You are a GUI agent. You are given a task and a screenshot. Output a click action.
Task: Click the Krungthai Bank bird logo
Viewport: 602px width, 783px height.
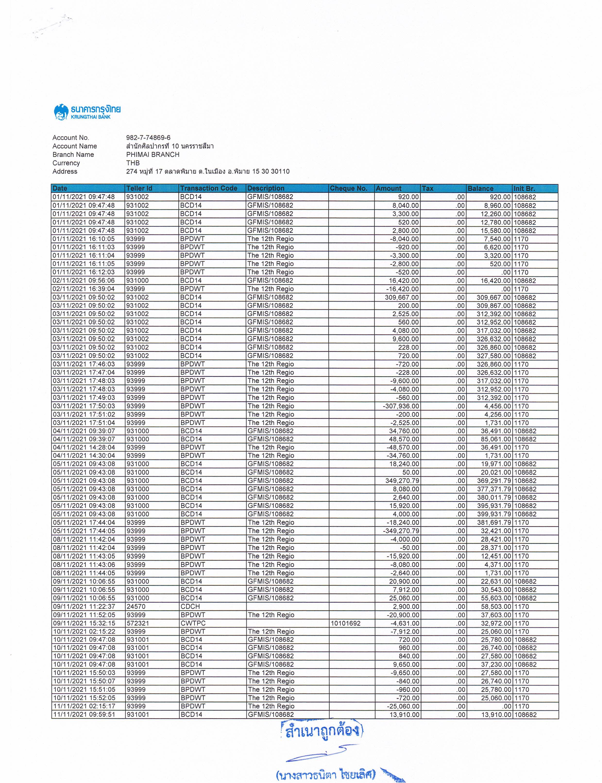tap(61, 112)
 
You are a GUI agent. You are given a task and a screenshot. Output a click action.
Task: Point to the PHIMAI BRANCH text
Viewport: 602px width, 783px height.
tap(153, 155)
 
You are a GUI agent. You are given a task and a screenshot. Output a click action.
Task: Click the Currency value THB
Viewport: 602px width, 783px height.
tap(133, 163)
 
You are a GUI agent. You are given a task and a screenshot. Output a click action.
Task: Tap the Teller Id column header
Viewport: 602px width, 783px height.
tap(139, 188)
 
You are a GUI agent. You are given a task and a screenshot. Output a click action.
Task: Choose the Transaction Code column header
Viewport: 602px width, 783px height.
tap(209, 188)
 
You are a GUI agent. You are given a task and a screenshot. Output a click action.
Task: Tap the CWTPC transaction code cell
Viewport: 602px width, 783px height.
tap(193, 623)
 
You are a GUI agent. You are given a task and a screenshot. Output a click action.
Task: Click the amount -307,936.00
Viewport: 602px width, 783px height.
tap(401, 406)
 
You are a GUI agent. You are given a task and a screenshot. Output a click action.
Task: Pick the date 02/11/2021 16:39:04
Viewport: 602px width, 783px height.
tap(84, 289)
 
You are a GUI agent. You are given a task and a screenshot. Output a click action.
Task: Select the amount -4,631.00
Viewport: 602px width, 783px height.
tap(405, 623)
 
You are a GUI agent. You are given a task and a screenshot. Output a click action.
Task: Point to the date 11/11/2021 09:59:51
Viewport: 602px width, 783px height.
tap(84, 715)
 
